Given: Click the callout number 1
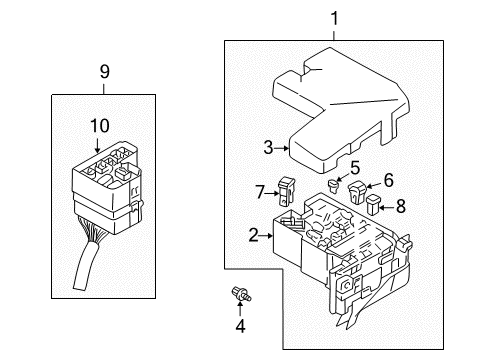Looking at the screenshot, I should pyautogui.click(x=334, y=17).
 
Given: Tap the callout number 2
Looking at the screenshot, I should pyautogui.click(x=254, y=235).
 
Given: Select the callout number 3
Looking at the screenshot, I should pyautogui.click(x=268, y=148).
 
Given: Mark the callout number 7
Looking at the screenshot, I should pyautogui.click(x=260, y=190).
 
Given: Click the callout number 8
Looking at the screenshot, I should pyautogui.click(x=402, y=208).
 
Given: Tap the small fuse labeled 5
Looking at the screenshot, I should pyautogui.click(x=336, y=185).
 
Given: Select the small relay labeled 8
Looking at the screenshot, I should pyautogui.click(x=374, y=207).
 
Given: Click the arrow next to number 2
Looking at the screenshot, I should pyautogui.click(x=269, y=235).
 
